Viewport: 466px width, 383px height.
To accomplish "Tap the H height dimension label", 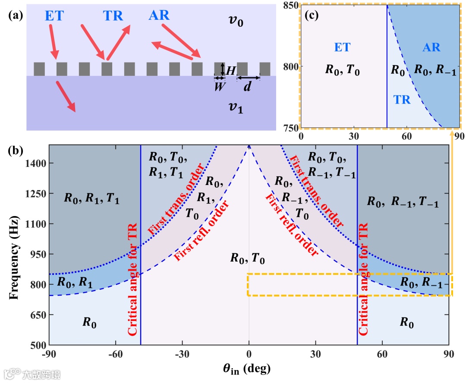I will pos(231,69).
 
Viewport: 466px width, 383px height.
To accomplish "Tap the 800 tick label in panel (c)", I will pos(290,67).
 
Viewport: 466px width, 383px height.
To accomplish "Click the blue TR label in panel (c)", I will pos(403,100).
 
